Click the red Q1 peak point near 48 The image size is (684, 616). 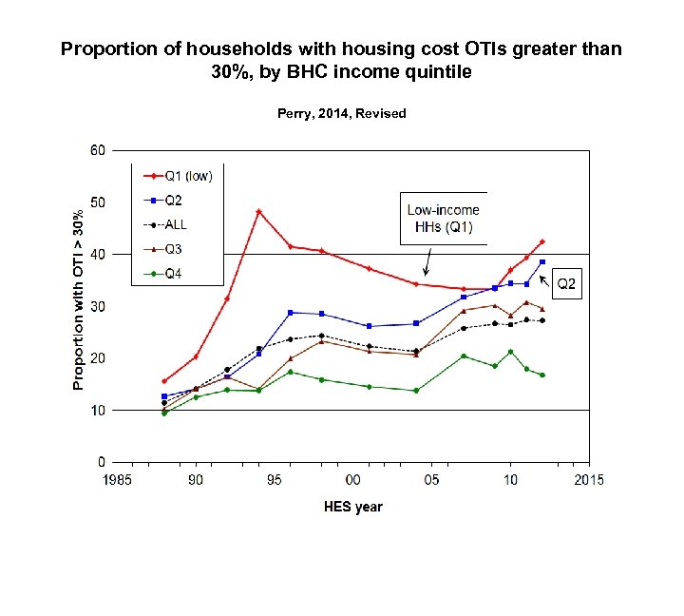point(258,211)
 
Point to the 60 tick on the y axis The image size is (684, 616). point(97,151)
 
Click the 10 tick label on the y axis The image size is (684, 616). point(97,411)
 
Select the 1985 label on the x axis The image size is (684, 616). point(118,480)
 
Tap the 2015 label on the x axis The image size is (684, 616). point(588,480)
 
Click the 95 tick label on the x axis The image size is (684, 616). point(275,480)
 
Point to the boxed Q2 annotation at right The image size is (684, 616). point(567,284)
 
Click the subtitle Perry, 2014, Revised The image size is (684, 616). point(341,113)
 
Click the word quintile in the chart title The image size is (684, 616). point(437,71)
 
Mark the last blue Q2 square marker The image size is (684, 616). point(542,262)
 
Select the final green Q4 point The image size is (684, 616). point(542,375)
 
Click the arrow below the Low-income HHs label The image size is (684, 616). point(427,260)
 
